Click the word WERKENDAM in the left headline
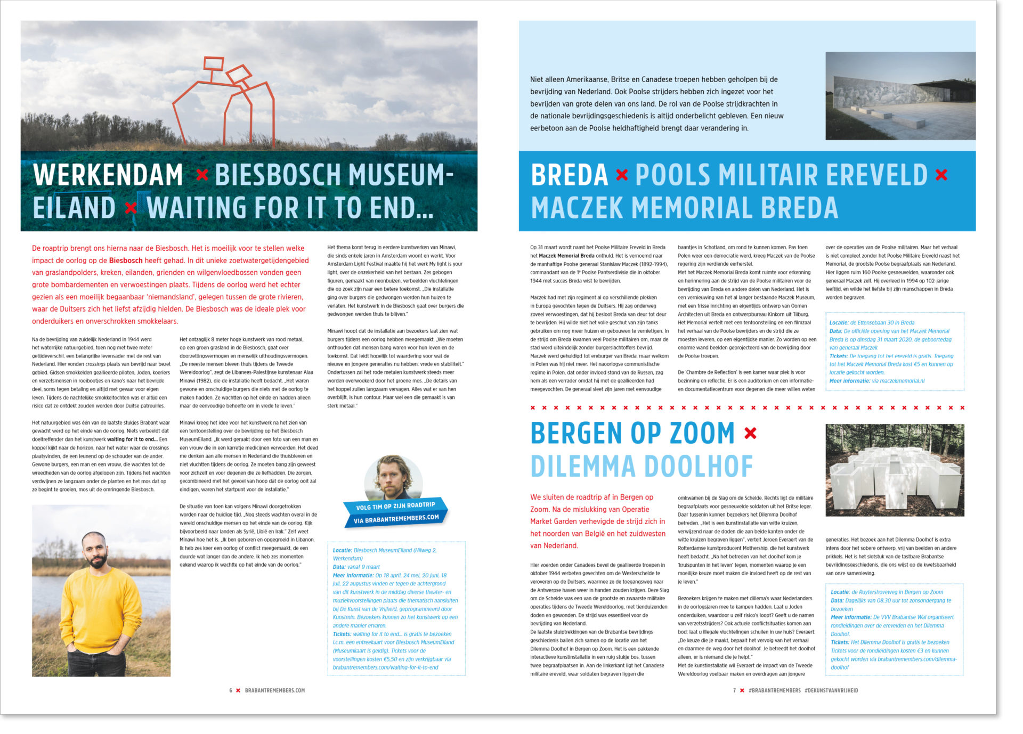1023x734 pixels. click(108, 175)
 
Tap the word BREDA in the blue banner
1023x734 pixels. click(570, 175)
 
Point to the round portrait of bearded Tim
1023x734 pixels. click(393, 477)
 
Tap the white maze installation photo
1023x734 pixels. click(895, 470)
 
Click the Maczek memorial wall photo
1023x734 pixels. click(900, 96)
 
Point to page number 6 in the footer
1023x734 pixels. click(231, 690)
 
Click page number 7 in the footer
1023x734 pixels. click(734, 690)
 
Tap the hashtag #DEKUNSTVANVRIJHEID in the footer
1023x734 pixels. click(831, 690)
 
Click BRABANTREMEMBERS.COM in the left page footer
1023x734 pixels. click(275, 690)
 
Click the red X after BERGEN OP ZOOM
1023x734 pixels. click(750, 434)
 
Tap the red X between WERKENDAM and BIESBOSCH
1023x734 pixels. click(202, 175)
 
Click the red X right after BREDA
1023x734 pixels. click(621, 175)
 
